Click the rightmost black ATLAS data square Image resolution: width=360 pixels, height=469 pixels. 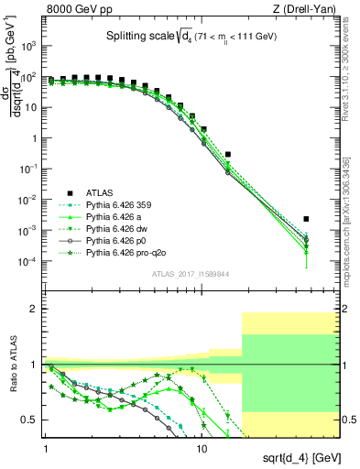pos(306,219)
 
